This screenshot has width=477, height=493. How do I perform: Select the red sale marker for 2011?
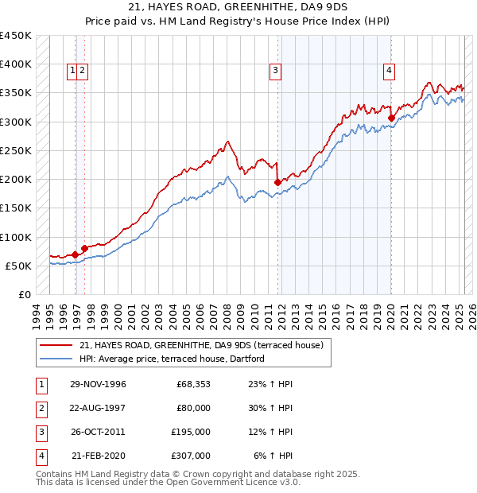pos(277,182)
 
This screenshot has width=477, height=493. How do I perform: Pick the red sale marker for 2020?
pos(391,118)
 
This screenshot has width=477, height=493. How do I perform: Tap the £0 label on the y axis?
pos(25,294)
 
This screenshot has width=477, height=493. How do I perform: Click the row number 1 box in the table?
pos(40,384)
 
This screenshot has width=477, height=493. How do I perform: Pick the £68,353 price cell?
pos(193,384)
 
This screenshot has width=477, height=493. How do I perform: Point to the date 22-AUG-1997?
pos(98,408)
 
